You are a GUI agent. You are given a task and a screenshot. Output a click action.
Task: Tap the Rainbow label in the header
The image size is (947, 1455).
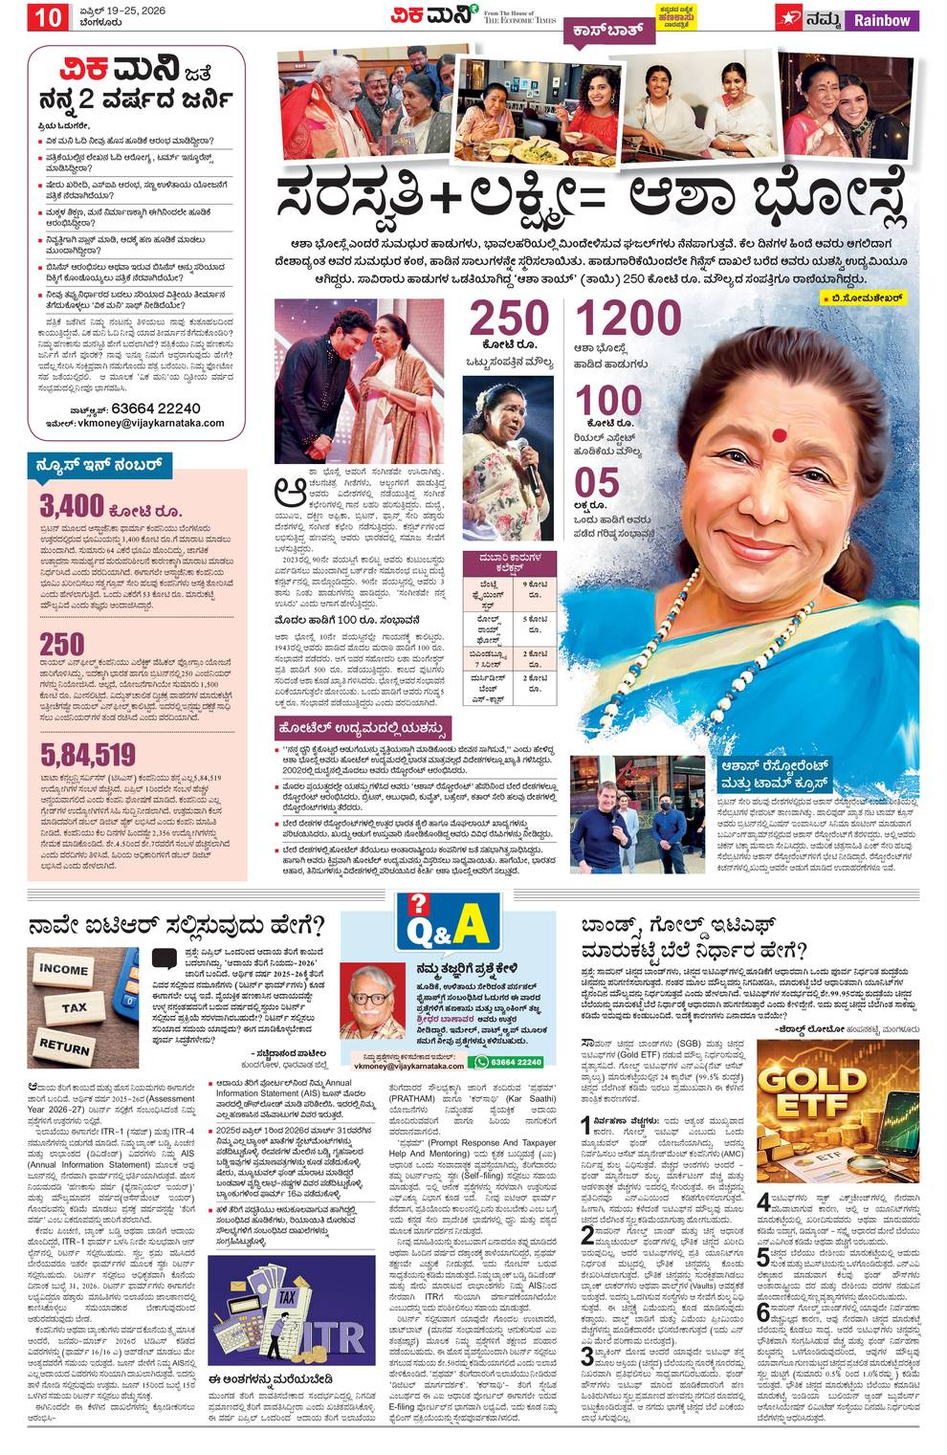881,20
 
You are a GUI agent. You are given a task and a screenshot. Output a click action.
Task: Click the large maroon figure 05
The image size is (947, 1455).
597,484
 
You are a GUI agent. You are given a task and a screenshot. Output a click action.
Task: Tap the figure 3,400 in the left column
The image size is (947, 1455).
72,504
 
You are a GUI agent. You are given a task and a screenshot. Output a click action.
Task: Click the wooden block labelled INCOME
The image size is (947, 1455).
64,968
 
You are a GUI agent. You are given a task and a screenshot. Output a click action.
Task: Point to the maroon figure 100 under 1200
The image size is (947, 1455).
608,402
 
